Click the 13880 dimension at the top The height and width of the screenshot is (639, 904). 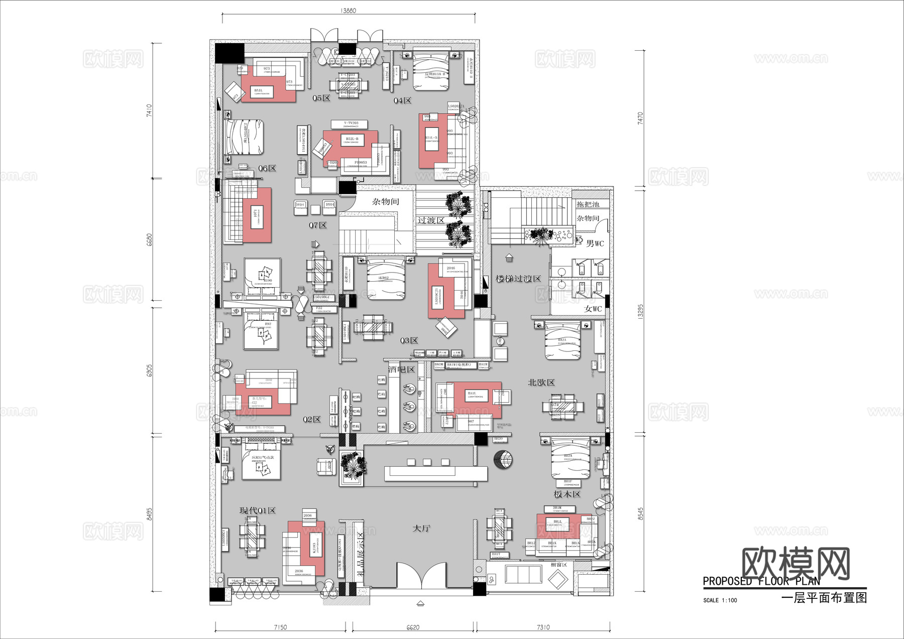coord(348,11)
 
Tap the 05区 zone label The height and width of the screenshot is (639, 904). coord(321,98)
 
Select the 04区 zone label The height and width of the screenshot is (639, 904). coord(402,100)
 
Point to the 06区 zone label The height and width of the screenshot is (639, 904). coord(267,168)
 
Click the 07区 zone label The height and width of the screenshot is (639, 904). coord(317,225)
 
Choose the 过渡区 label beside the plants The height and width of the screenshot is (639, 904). coord(430,220)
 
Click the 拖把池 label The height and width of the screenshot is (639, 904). coord(588,204)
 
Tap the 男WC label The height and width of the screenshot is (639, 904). coord(595,243)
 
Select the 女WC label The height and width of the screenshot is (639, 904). coord(593,309)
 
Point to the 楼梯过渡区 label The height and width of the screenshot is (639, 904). coord(518,279)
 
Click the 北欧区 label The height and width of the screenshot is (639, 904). coord(541,382)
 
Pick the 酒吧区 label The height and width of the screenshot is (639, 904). coord(401,369)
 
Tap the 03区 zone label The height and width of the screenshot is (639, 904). coord(409,340)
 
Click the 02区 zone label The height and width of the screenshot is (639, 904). coord(311,419)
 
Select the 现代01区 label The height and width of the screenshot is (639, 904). coord(258,510)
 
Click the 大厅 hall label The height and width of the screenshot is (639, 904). coord(421,529)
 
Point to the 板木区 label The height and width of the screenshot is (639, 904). coord(567,494)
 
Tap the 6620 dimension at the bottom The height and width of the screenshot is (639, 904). coord(413,627)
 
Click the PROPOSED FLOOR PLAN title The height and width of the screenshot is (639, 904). coord(761,581)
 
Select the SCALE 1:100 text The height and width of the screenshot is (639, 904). coord(720,600)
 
